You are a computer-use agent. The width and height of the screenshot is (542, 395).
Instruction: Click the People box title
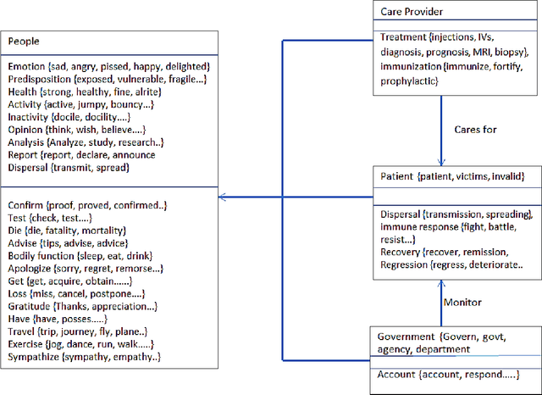24,41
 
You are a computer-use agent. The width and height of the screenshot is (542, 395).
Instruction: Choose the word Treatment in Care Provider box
403,37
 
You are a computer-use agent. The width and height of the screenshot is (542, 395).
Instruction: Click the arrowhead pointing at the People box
224,197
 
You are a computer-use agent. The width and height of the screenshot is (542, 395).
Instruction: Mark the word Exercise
28,344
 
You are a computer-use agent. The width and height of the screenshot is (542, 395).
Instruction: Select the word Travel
23,331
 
